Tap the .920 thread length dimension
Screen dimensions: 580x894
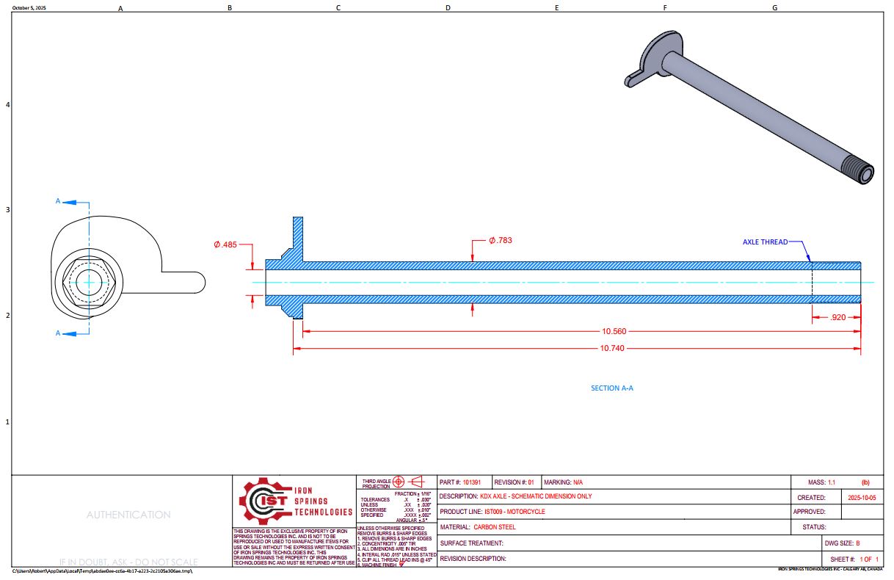tap(837, 317)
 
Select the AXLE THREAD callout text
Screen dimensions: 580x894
tap(765, 242)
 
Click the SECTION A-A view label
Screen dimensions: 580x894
tap(611, 388)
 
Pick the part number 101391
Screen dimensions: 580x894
tap(472, 482)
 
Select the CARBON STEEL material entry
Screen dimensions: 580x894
tap(495, 527)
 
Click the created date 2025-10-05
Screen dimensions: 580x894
tap(861, 498)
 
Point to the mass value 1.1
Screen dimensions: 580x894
tap(832, 482)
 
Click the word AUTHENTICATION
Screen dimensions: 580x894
tap(128, 515)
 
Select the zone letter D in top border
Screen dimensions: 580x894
tap(448, 8)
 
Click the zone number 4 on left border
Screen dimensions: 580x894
tap(7, 105)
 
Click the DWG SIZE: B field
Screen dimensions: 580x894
tap(851, 543)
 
